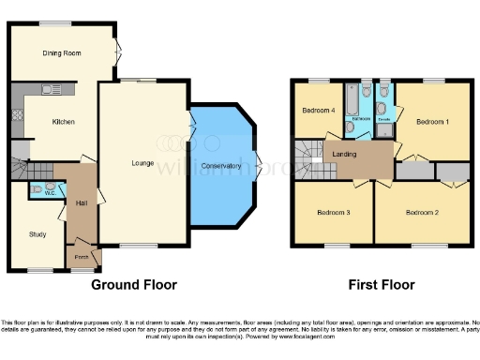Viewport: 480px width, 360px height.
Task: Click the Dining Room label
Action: (60, 54)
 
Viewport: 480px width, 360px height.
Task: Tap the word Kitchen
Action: (64, 122)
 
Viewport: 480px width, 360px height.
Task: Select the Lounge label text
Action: (142, 164)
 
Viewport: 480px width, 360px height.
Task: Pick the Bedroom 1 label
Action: (433, 122)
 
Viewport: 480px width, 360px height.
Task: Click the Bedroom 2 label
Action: (422, 213)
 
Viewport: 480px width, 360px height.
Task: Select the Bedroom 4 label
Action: (319, 111)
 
